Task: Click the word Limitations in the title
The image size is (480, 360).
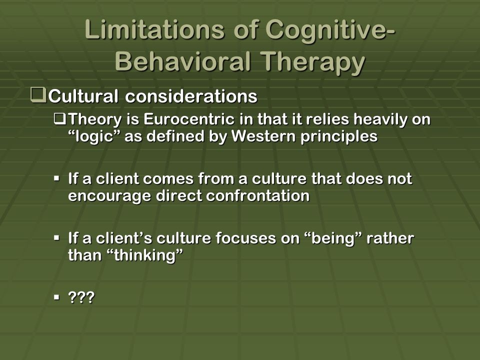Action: click(154, 29)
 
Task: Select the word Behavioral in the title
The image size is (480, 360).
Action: click(183, 61)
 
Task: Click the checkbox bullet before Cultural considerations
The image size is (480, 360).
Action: click(38, 95)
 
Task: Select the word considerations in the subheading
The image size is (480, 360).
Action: click(191, 96)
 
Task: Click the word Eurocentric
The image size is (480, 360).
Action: click(189, 119)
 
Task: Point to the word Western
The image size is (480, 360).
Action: click(263, 136)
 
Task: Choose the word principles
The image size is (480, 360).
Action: click(339, 137)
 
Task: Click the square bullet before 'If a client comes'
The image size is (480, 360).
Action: click(56, 178)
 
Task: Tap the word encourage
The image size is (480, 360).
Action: click(109, 196)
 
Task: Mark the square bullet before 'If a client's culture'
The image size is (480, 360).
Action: click(56, 237)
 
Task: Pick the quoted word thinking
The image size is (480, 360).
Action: click(146, 255)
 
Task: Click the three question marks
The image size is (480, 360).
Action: click(81, 297)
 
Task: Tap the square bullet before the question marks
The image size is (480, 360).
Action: click(56, 296)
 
